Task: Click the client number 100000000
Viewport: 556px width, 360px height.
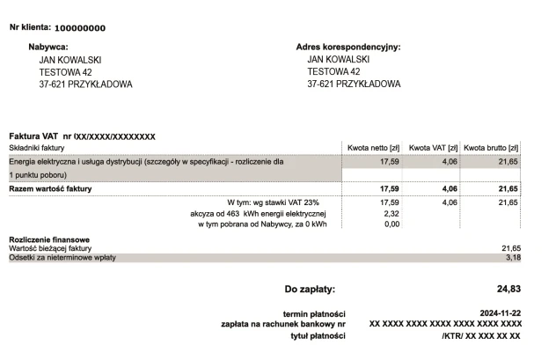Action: coord(86,27)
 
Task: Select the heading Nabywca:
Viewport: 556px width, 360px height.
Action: coord(48,47)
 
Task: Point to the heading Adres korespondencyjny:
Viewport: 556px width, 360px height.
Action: coord(348,47)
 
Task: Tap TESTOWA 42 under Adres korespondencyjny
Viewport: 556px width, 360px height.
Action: coord(333,72)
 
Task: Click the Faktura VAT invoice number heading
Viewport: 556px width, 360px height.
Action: coord(82,136)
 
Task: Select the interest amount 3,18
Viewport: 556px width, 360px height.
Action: coord(513,258)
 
